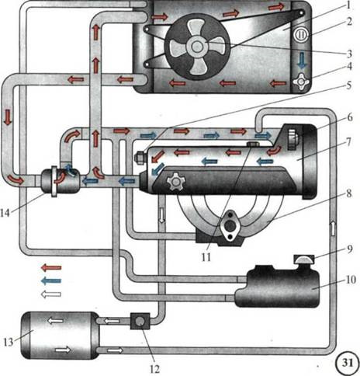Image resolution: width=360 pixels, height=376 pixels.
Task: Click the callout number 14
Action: click(x=5, y=213)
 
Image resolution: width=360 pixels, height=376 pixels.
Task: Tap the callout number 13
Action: click(x=9, y=342)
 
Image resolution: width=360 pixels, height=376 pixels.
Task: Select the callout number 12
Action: click(x=154, y=369)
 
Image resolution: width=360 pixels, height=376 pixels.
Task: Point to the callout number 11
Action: click(x=206, y=257)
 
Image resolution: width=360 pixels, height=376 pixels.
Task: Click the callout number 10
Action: click(x=351, y=280)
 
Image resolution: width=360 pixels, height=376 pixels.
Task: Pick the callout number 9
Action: click(x=350, y=249)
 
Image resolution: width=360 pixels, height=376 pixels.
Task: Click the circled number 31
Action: click(x=348, y=363)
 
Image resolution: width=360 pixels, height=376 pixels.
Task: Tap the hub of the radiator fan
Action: click(x=197, y=47)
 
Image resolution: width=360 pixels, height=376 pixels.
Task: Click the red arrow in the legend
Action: click(x=51, y=267)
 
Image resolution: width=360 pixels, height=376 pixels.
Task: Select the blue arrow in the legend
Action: click(x=51, y=280)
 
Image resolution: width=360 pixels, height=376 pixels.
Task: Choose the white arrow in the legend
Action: click(x=51, y=294)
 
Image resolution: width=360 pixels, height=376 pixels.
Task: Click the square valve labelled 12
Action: click(x=140, y=321)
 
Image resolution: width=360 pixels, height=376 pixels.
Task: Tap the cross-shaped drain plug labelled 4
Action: click(x=302, y=82)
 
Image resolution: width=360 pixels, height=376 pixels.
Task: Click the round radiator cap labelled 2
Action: click(x=301, y=36)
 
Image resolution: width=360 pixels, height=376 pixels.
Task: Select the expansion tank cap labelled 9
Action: click(x=304, y=259)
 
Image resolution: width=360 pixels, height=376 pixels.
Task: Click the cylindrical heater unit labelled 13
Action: click(x=60, y=336)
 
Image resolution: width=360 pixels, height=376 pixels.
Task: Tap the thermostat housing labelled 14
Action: click(x=61, y=181)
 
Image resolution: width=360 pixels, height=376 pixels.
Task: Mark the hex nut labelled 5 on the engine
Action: click(x=140, y=158)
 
